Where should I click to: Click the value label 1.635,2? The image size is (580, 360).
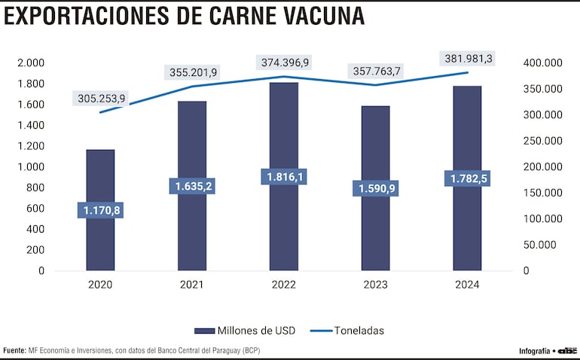(192, 186)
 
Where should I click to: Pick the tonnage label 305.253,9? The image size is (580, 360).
(100, 98)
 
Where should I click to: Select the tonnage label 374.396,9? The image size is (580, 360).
(284, 62)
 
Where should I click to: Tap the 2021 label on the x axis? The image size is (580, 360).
(192, 285)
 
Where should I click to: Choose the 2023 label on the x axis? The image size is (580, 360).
(375, 285)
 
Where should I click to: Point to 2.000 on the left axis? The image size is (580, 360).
(30, 63)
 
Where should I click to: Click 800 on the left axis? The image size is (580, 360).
(35, 188)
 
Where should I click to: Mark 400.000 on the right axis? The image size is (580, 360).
(541, 63)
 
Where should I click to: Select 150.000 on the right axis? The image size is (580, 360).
(541, 193)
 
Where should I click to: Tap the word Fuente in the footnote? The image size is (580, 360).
(14, 350)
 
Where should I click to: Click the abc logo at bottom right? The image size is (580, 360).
(567, 350)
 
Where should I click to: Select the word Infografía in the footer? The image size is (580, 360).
(534, 351)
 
